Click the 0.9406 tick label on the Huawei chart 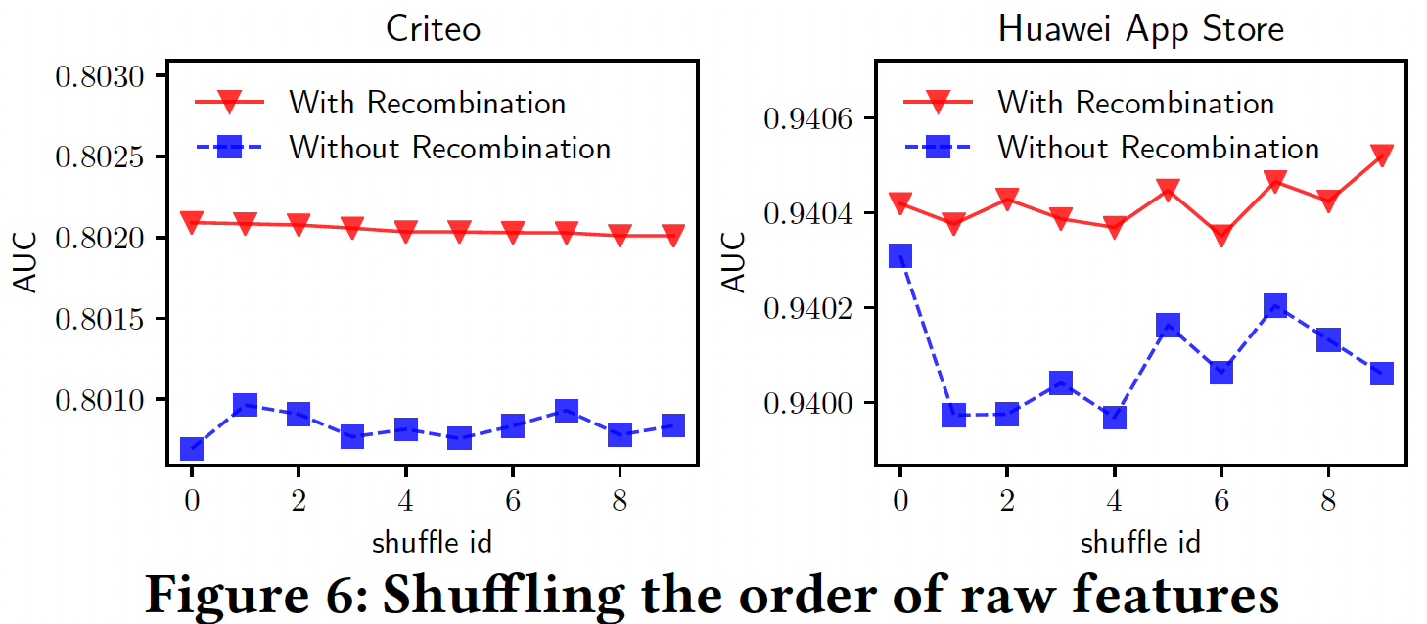pos(808,118)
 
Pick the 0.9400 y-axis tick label pos(808,403)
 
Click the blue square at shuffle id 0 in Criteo pos(192,449)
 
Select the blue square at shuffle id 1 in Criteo pos(245,405)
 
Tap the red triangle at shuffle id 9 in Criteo pos(672,235)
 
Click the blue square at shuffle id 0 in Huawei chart pos(900,256)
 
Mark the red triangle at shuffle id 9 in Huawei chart pos(1381,156)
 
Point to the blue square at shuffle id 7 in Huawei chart pos(1274,306)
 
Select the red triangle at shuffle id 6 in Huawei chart pos(1220,236)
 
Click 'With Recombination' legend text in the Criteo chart pos(427,102)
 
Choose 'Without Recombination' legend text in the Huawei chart pos(1159,148)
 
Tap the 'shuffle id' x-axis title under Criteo pos(432,541)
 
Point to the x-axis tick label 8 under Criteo pos(619,500)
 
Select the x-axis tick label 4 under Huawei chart pos(1114,500)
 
